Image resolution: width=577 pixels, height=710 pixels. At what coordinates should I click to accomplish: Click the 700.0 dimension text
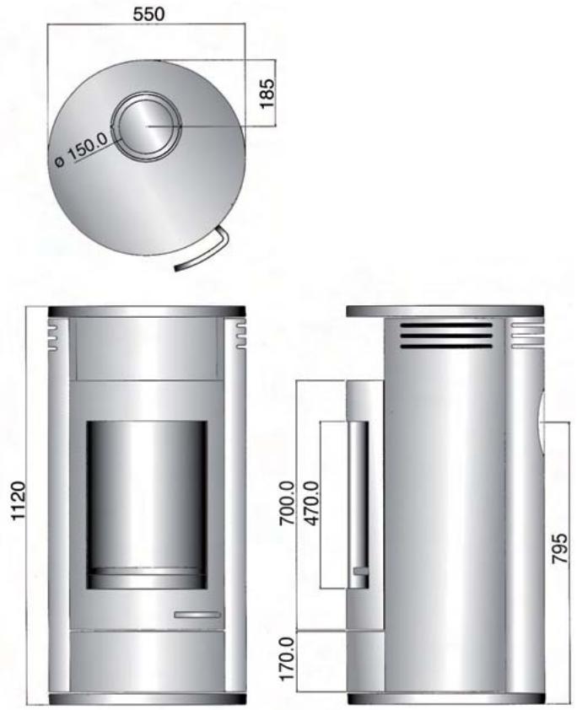tap(287, 503)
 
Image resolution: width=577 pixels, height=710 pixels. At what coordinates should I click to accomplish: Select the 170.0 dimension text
tap(287, 662)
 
